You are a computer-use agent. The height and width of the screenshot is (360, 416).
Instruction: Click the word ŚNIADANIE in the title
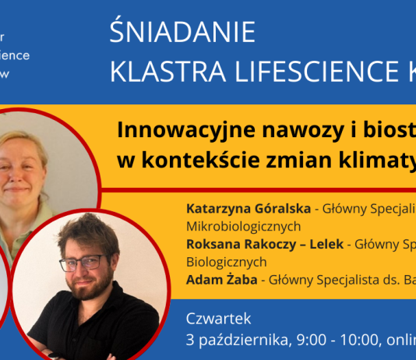[x=182, y=33]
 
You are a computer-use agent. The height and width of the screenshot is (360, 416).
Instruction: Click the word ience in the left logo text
[x=15, y=55]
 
